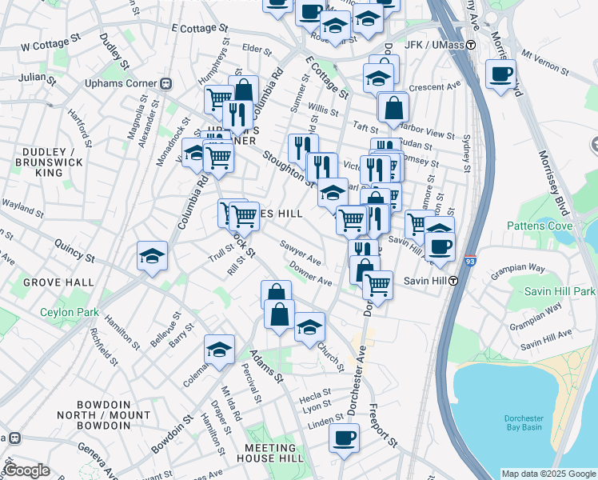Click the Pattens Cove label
540,226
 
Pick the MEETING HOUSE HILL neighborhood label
269,453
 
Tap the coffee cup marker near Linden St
345,438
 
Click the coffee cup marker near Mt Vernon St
500,74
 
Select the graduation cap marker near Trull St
152,256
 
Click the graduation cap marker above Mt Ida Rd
219,350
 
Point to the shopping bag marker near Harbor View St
393,107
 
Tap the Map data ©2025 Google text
548,474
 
